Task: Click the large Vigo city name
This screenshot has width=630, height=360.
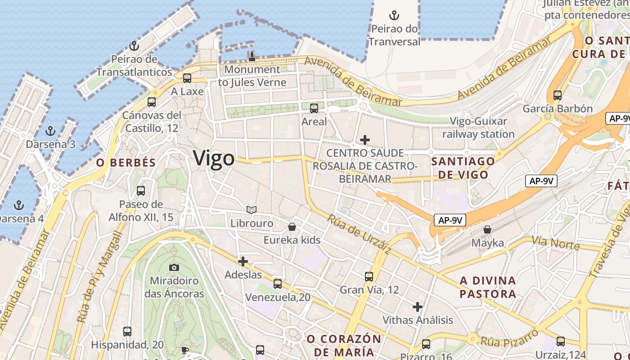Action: (x=214, y=158)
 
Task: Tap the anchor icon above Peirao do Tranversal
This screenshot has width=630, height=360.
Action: (x=394, y=16)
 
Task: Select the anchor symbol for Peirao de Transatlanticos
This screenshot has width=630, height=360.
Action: (x=134, y=46)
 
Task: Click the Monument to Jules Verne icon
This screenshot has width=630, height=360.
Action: (x=252, y=56)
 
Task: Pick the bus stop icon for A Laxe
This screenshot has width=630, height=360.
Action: (x=187, y=78)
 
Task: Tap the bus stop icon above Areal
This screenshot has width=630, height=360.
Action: (x=314, y=108)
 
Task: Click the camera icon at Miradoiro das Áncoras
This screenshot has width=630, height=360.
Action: (x=174, y=267)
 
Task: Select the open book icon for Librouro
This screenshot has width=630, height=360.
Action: (x=252, y=210)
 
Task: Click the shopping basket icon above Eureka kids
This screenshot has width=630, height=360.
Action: (x=292, y=227)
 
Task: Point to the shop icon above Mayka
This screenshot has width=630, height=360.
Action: (x=487, y=229)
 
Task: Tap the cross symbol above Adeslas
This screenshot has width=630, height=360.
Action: (x=243, y=261)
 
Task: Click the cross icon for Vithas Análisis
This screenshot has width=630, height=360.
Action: (x=418, y=307)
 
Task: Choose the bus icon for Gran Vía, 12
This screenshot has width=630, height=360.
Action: (x=369, y=276)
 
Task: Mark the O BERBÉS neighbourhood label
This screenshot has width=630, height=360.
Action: (x=126, y=163)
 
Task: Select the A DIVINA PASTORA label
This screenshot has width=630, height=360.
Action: (x=488, y=288)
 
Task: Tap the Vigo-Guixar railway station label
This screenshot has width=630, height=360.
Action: (x=478, y=128)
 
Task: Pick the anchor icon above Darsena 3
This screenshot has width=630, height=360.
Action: (x=50, y=131)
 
